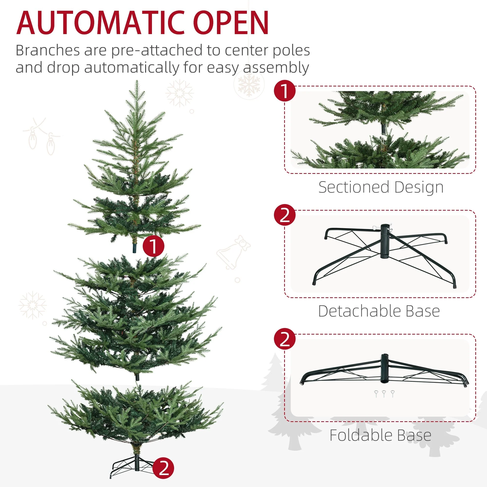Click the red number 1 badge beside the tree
[x=153, y=246]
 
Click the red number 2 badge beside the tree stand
[x=163, y=468]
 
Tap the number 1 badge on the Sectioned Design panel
[x=285, y=91]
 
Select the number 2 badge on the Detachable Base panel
[x=285, y=215]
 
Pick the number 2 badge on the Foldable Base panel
[x=285, y=339]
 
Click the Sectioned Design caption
[x=381, y=187]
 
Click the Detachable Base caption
[x=379, y=311]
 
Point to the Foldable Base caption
[x=380, y=435]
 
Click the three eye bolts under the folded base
[x=384, y=393]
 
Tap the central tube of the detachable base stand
[x=384, y=241]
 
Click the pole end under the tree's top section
[x=134, y=248]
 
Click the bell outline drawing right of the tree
[x=233, y=253]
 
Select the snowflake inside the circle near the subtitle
[x=249, y=84]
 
